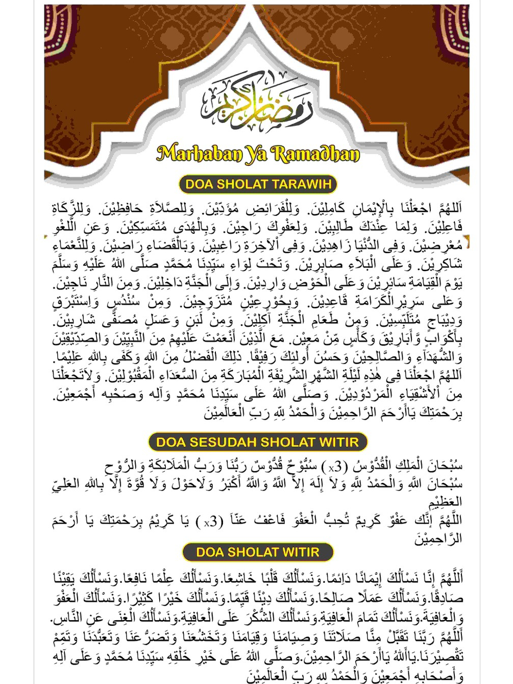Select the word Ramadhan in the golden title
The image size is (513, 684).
[x=315, y=153]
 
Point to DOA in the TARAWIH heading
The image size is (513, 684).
[x=199, y=184]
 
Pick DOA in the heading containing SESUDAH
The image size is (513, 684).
[x=169, y=442]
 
